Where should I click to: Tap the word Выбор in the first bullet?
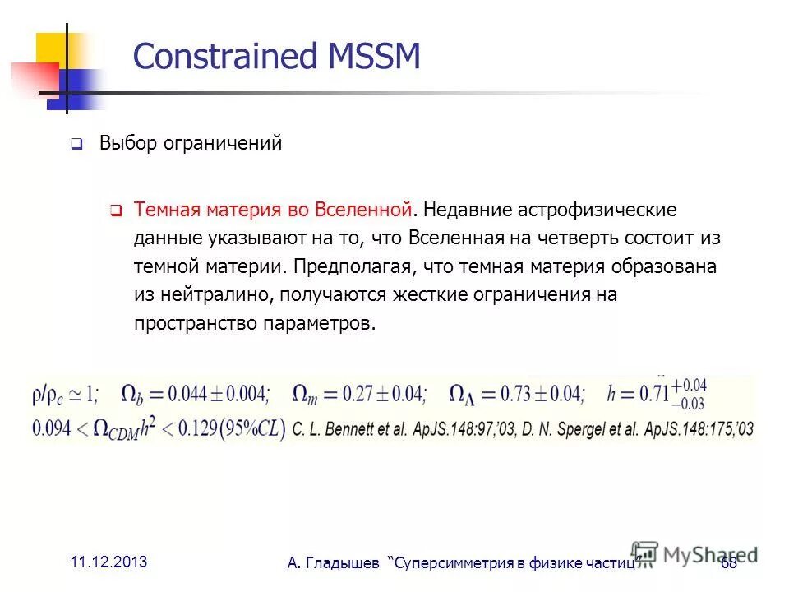126,143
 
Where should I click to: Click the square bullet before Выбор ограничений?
76,145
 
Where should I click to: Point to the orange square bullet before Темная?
116,211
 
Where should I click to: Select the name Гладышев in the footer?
344,563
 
